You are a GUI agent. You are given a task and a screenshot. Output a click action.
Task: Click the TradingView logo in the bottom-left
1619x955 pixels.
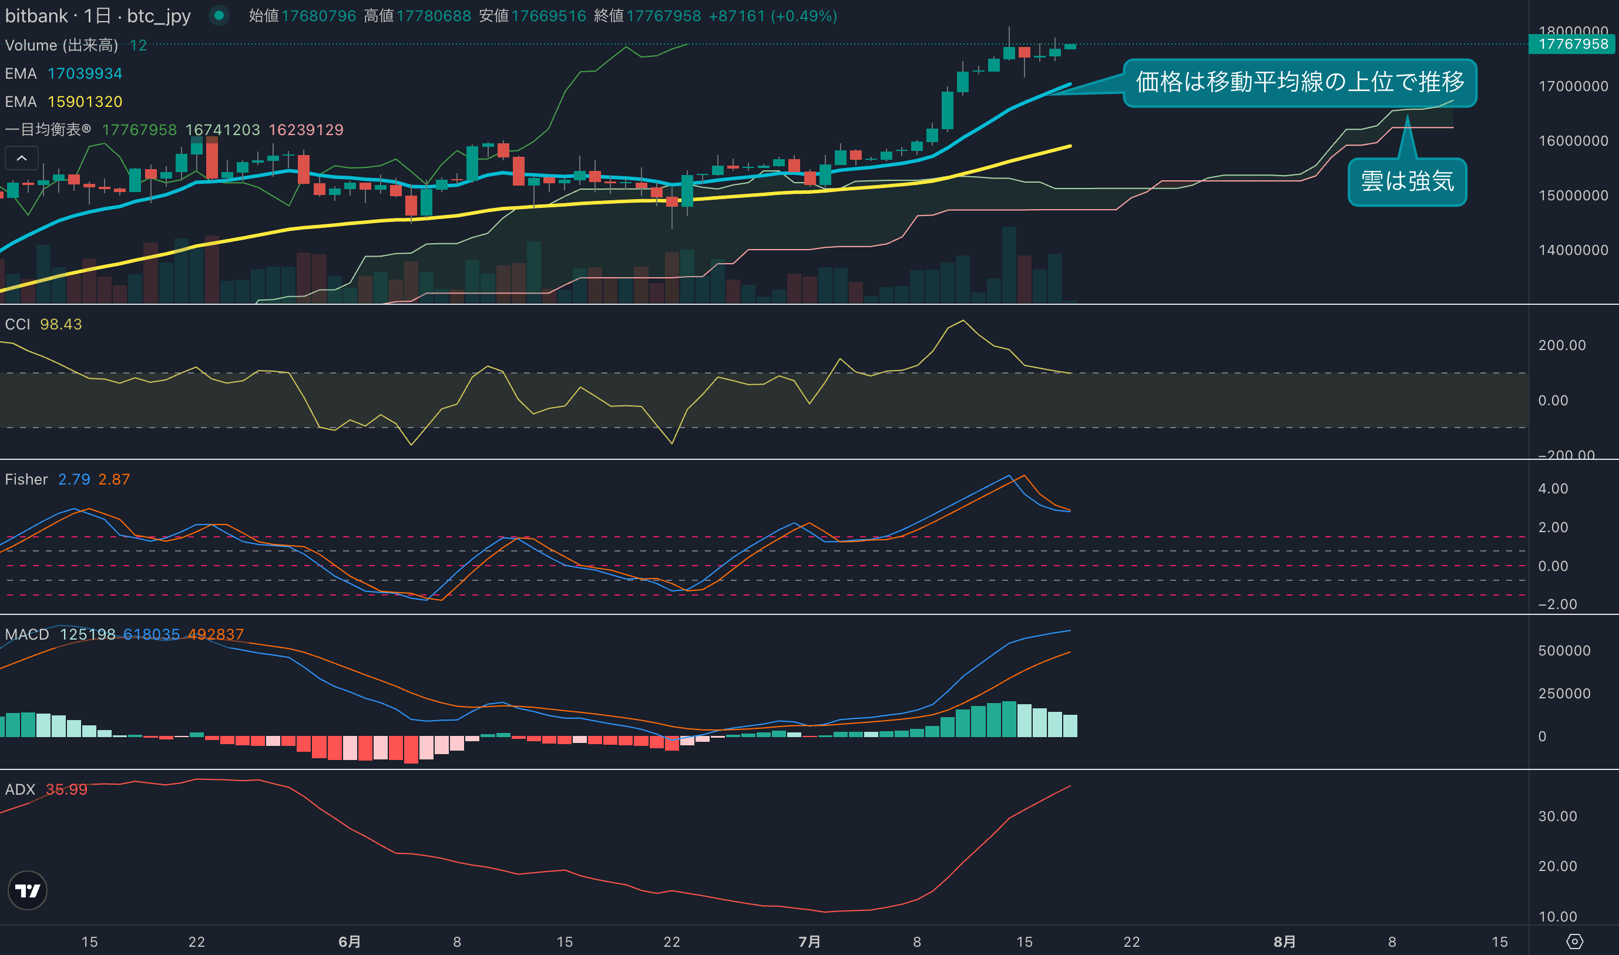point(28,890)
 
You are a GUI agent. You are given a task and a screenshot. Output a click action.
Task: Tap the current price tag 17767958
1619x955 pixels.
point(1573,45)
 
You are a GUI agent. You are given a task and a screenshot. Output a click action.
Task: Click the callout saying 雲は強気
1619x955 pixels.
point(1408,181)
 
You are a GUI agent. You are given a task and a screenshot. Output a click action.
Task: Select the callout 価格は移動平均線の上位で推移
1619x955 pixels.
point(1300,82)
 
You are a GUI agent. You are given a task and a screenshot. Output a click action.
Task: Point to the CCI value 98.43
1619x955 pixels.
point(61,324)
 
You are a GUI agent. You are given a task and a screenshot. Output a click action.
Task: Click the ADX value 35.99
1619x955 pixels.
point(66,789)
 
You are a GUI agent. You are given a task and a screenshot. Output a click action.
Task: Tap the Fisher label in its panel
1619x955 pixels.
point(26,479)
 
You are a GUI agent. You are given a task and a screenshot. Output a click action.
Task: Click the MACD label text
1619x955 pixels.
point(27,634)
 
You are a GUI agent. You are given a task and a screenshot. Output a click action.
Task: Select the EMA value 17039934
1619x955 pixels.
point(85,73)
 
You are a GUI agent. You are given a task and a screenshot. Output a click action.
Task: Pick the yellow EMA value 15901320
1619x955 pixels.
point(85,102)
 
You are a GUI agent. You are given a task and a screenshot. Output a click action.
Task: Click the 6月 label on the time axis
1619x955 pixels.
point(350,941)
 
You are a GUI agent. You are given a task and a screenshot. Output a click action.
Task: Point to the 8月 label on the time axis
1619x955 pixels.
point(1284,941)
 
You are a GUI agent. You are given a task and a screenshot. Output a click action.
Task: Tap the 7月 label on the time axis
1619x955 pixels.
point(809,941)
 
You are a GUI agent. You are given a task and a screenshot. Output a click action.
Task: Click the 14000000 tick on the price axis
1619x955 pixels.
point(1573,250)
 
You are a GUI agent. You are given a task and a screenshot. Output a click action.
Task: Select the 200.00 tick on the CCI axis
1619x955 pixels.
point(1562,345)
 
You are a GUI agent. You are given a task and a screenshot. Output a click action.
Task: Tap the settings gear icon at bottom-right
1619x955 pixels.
point(1574,941)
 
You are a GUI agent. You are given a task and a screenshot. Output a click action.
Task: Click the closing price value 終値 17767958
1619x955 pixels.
point(663,16)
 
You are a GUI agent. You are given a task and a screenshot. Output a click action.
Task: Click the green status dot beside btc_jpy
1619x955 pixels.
point(219,15)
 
